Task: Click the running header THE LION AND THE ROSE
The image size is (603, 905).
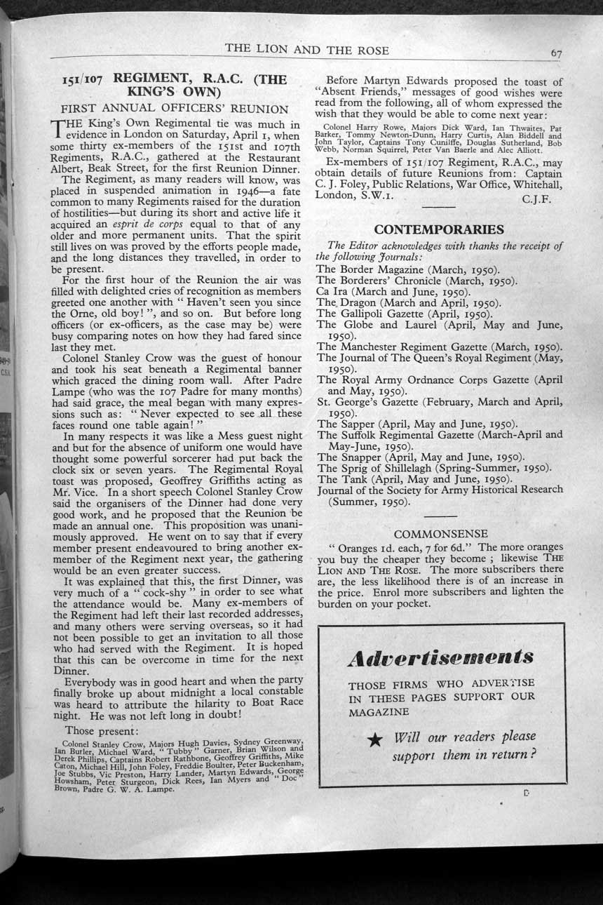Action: (306, 50)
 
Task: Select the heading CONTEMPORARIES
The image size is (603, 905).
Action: (439, 230)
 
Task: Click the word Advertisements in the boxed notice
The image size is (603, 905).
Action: (441, 658)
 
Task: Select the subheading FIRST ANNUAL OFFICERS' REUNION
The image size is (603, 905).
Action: (175, 109)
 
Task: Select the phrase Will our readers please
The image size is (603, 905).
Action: (465, 737)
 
